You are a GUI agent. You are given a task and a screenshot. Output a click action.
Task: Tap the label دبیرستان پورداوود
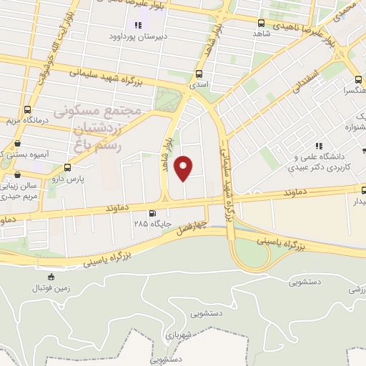pos(138,35)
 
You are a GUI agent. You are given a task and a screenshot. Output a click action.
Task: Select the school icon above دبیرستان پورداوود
pos(138,25)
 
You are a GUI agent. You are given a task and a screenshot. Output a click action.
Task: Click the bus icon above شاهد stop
pos(260,22)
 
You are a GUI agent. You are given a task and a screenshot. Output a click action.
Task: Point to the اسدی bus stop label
pos(198,83)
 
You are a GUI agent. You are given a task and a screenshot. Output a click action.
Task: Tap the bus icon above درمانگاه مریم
pos(27,109)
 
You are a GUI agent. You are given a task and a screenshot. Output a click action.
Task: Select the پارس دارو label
pos(71,179)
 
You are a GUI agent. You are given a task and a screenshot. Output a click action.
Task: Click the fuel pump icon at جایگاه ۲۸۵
pos(152,212)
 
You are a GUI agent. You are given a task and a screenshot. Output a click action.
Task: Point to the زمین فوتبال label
pos(51,288)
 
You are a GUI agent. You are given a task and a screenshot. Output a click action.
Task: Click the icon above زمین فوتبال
pos(51,277)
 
